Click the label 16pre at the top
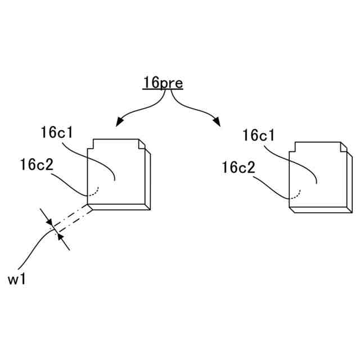(x=162, y=83)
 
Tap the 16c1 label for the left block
(x=59, y=133)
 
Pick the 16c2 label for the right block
(x=238, y=167)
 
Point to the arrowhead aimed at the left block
(x=119, y=122)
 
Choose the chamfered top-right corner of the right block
(x=342, y=147)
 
